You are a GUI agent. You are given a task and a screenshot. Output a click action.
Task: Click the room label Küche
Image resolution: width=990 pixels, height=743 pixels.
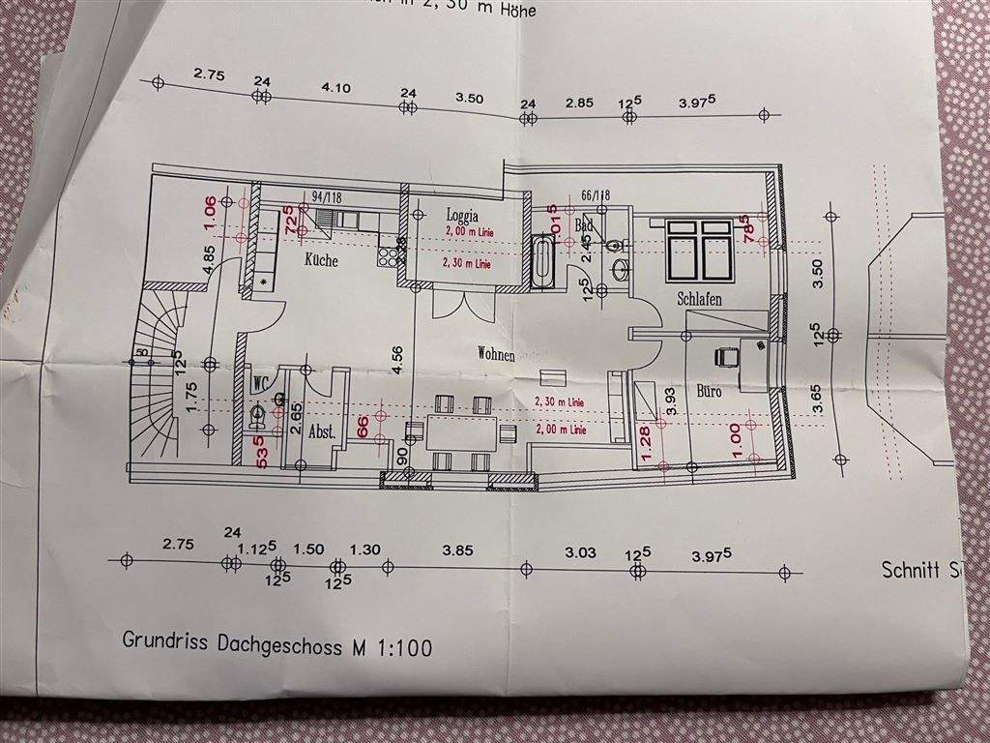(x=321, y=260)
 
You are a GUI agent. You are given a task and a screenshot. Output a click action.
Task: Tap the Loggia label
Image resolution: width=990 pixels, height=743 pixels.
(x=463, y=215)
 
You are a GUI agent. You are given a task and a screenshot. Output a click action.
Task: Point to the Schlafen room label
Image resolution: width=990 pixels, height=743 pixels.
(x=699, y=299)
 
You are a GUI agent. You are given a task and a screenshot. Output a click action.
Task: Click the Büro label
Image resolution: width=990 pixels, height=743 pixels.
(x=709, y=392)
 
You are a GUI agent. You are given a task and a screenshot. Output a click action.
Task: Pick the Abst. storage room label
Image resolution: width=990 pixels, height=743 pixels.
(x=321, y=434)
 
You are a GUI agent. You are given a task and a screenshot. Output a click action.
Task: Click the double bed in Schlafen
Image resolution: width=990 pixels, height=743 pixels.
(x=699, y=247)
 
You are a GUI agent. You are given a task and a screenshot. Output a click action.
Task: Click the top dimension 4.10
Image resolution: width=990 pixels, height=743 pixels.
(x=335, y=88)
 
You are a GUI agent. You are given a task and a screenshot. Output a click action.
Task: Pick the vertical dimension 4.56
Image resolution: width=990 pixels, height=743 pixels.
(x=395, y=359)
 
